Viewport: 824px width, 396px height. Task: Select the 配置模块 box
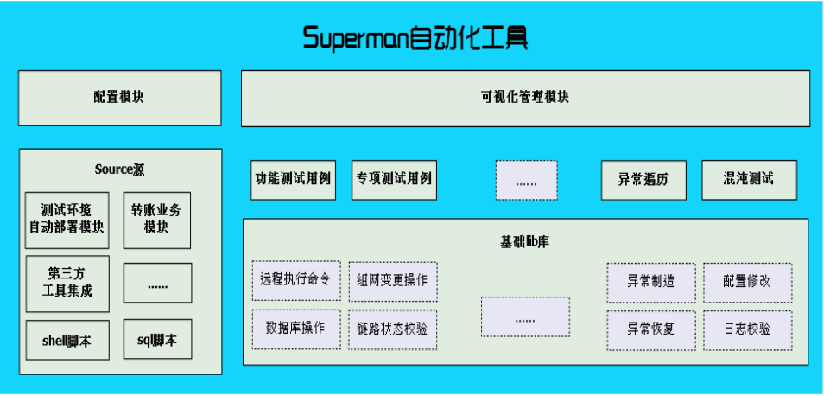point(119,98)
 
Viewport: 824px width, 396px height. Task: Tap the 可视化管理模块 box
point(525,98)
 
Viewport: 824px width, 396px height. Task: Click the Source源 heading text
point(119,169)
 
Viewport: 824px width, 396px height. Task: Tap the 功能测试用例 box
point(293,180)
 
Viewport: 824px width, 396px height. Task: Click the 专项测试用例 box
point(393,180)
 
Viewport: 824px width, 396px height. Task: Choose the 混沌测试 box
point(748,180)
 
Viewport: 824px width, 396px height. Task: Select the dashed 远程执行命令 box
point(296,281)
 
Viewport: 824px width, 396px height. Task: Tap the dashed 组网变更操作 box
point(393,281)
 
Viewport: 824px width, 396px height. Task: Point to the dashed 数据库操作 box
point(296,329)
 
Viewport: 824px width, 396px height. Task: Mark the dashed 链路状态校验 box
point(393,329)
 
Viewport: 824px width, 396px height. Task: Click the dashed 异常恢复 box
point(650,329)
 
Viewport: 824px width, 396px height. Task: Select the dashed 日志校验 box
point(747,329)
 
